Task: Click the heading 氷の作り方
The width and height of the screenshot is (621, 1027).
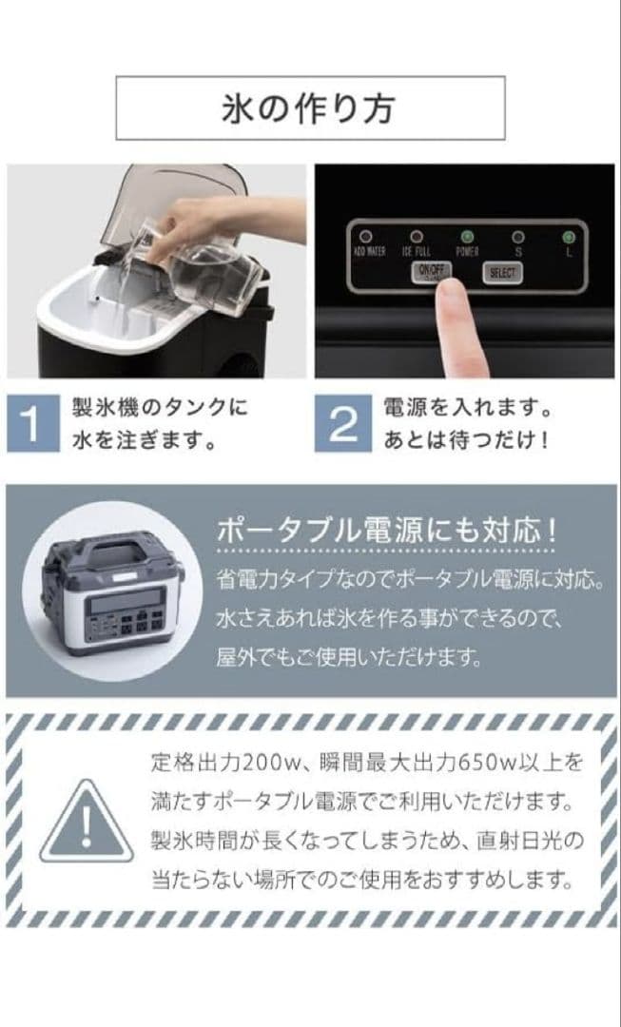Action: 310,108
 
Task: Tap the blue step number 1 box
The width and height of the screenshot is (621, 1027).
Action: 31,425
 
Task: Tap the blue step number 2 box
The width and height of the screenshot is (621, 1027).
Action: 341,425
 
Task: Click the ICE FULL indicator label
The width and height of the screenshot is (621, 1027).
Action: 416,253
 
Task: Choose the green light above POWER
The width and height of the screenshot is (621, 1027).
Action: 467,236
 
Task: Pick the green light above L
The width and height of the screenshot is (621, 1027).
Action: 569,236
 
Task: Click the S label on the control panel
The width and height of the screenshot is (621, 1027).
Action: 517,253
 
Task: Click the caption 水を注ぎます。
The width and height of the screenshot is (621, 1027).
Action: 143,441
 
